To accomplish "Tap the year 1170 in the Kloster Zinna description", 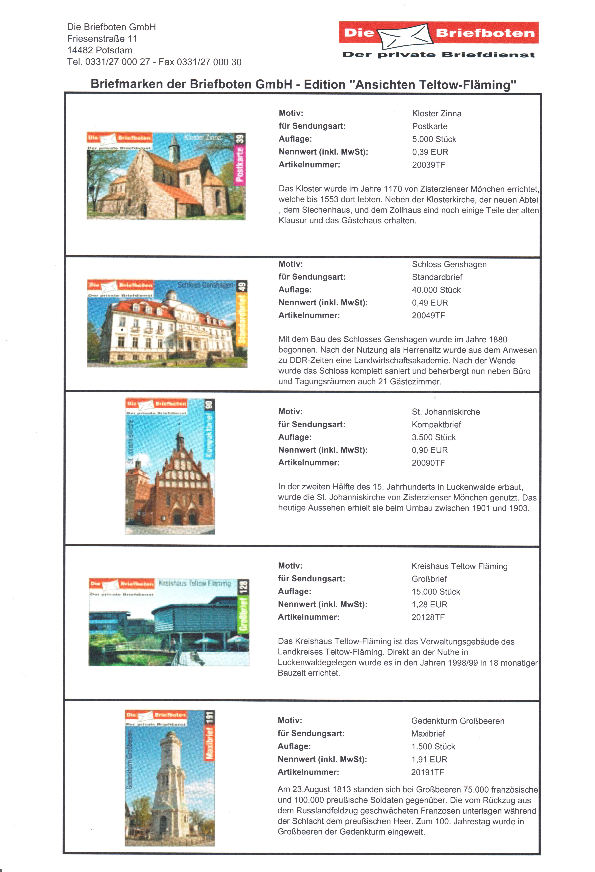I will [x=393, y=189].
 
